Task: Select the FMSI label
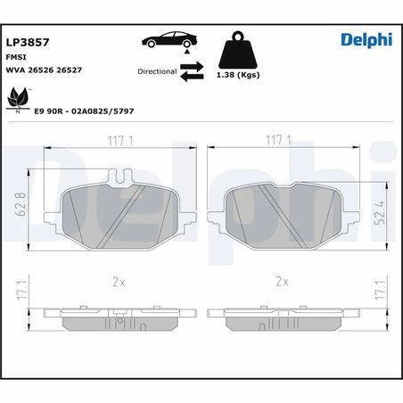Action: tap(17, 55)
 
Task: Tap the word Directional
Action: tap(157, 71)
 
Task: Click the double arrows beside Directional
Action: tap(193, 72)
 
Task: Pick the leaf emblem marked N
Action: tap(17, 99)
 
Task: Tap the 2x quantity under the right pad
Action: tap(283, 282)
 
